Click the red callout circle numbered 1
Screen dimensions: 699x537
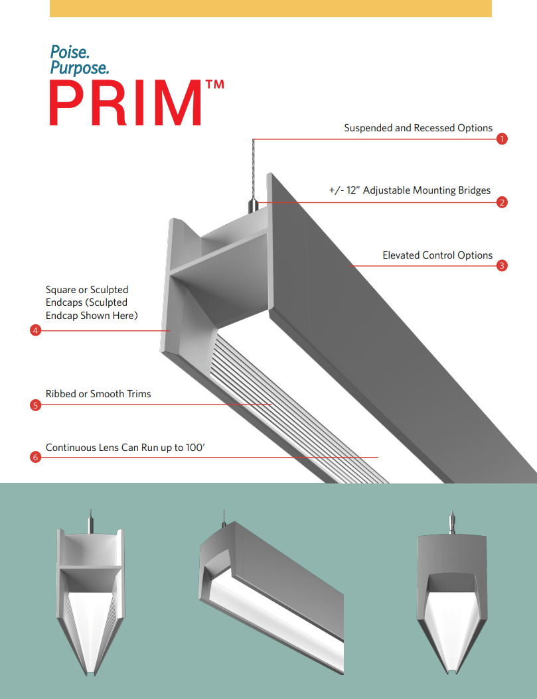coord(502,139)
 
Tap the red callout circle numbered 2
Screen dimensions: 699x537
coord(502,202)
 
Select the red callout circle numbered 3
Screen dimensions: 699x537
coord(502,266)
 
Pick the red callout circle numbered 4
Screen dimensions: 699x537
coord(36,330)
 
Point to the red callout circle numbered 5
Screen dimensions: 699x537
coord(36,405)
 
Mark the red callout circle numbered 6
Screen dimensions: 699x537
coord(36,457)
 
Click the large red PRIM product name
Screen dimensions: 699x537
coord(125,104)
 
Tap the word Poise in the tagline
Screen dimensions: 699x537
coord(70,52)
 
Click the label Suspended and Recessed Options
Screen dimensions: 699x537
coord(418,128)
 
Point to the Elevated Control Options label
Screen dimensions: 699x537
coord(437,255)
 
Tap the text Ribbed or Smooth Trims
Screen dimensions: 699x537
coord(98,394)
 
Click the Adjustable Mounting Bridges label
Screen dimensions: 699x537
coord(410,190)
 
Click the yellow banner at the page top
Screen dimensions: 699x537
coord(270,8)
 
